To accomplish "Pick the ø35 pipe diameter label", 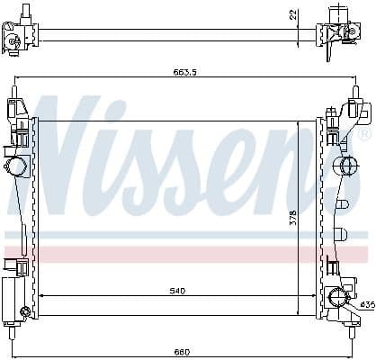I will click(366, 305).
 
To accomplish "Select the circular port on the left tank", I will click(16, 166).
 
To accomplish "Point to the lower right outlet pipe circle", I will click(339, 298).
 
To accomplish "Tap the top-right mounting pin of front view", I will click(357, 93).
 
